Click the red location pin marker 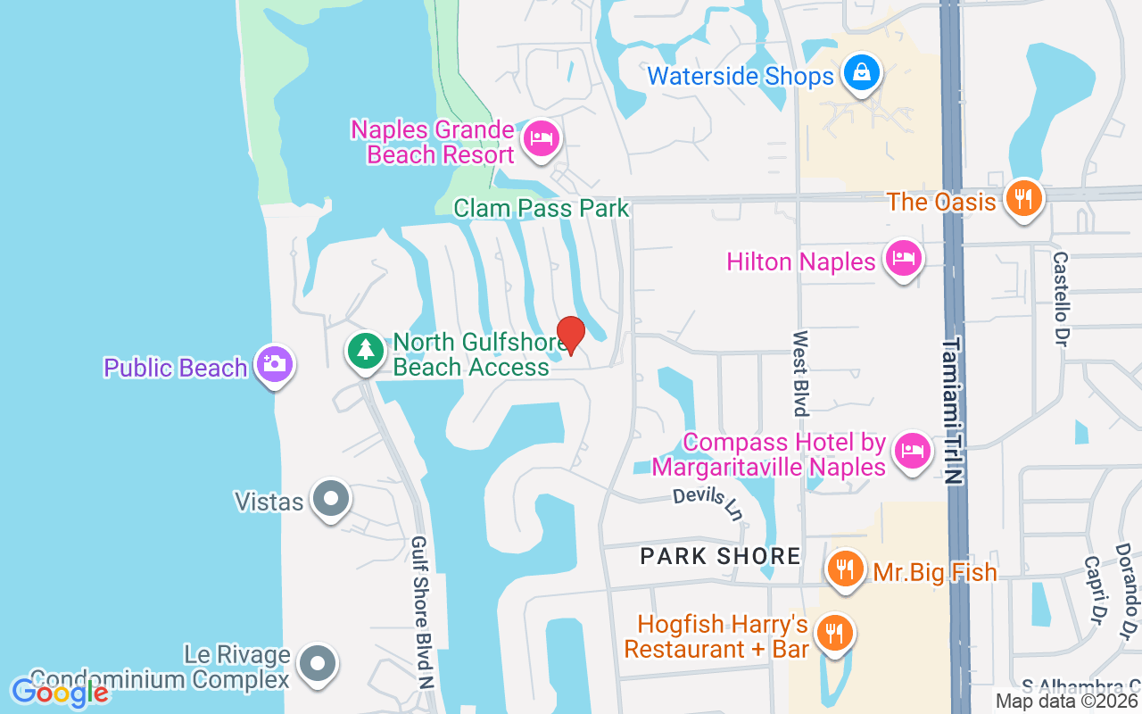pyautogui.click(x=570, y=334)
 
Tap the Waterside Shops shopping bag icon pyautogui.click(x=862, y=73)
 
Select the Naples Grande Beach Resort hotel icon pyautogui.click(x=541, y=138)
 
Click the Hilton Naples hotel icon pyautogui.click(x=904, y=259)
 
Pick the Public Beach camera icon pyautogui.click(x=274, y=364)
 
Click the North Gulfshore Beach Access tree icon pyautogui.click(x=365, y=350)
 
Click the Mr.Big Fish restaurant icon pyautogui.click(x=845, y=568)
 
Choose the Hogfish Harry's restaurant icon pyautogui.click(x=834, y=634)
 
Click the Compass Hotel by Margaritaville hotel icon pyautogui.click(x=911, y=450)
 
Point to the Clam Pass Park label pyautogui.click(x=541, y=209)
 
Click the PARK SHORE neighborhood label pyautogui.click(x=720, y=557)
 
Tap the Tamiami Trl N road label pyautogui.click(x=954, y=410)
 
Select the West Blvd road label pyautogui.click(x=800, y=373)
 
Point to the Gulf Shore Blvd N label pyautogui.click(x=423, y=612)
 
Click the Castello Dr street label pyautogui.click(x=1060, y=299)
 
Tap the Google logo pyautogui.click(x=60, y=692)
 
